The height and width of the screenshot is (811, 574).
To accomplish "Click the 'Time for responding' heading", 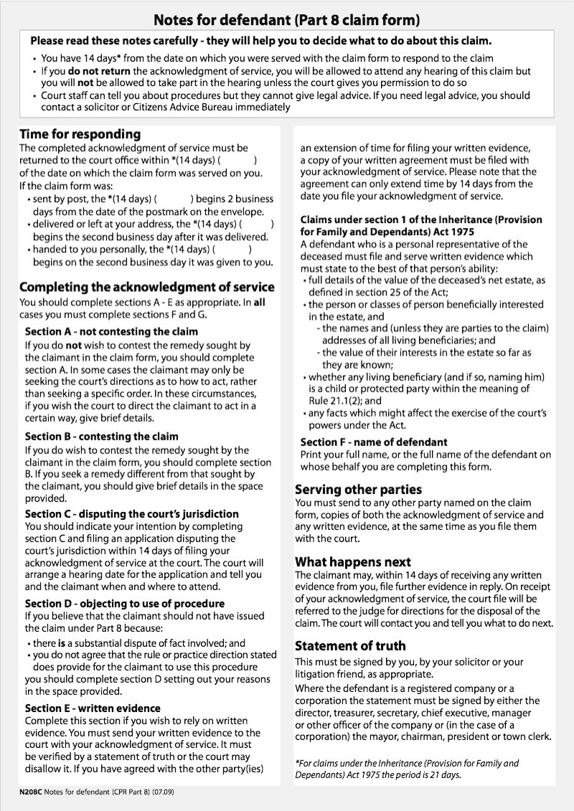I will (80, 134).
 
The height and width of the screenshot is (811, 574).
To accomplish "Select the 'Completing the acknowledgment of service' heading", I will (146, 287).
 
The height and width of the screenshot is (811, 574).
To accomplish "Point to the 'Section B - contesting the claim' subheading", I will (101, 436).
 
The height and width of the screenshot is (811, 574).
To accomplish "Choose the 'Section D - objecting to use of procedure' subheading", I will (124, 604).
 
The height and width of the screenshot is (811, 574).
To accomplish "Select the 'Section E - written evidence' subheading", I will (93, 708).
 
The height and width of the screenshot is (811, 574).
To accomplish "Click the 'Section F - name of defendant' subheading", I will (373, 442).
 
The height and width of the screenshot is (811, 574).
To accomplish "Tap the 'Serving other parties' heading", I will (358, 489).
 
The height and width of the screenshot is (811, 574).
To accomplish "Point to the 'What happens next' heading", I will (353, 561).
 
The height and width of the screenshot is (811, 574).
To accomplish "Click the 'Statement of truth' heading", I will (350, 645).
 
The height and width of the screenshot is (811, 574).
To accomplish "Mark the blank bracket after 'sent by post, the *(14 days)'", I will (174, 199).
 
